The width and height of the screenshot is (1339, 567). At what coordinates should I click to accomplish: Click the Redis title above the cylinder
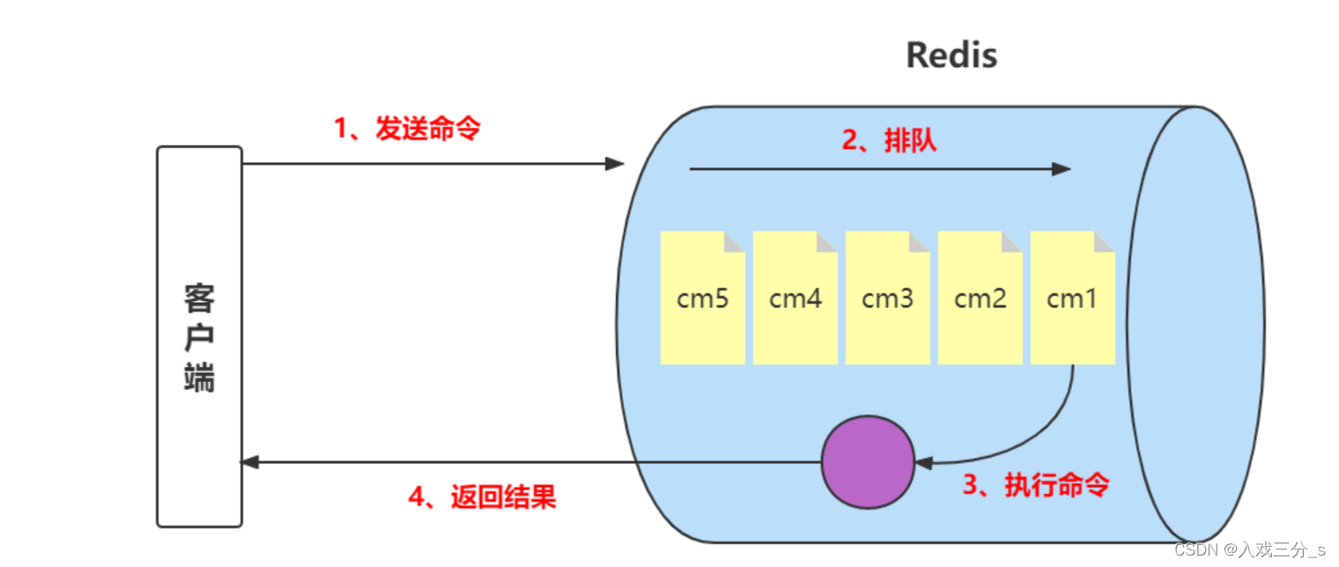point(951,55)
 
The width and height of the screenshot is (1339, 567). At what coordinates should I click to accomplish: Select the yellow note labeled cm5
point(702,298)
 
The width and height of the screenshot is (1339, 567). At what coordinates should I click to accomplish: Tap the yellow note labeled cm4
point(795,298)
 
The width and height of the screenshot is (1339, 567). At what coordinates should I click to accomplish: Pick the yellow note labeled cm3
point(887,298)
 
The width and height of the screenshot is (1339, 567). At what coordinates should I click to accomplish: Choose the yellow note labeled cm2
point(980,298)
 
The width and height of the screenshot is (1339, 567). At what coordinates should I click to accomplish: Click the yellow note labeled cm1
point(1072,298)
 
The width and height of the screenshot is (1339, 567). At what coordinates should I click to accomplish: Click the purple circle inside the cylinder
point(868,462)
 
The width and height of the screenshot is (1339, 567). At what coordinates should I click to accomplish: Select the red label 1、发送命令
point(407,129)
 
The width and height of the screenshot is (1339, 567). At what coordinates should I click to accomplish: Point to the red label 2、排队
point(889,141)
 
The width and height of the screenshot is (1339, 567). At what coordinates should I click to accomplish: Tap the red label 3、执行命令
point(1035,485)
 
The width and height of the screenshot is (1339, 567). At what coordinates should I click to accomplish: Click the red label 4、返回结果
point(482,497)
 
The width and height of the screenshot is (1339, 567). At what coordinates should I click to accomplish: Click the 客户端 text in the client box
point(199,338)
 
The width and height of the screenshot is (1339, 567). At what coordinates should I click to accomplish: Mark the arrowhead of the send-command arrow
point(615,164)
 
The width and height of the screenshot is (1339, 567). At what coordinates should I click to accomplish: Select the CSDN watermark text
point(1249,550)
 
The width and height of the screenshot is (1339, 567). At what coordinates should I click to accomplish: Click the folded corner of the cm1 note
point(1106,240)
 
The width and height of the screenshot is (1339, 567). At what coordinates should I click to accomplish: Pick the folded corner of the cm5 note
point(736,240)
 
